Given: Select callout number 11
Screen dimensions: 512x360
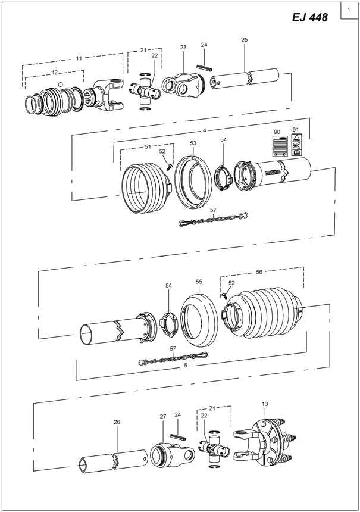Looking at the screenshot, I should tap(79, 58).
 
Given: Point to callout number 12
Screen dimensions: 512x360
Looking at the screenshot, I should tap(54, 72).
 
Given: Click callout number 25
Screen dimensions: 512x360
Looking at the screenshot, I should tap(245, 40).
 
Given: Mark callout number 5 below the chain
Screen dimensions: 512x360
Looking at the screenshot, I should tap(185, 366).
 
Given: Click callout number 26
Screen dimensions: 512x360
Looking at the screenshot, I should tap(117, 422).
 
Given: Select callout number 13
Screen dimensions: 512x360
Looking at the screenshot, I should tap(265, 404).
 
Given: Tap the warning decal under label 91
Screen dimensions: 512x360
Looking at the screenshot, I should tap(296, 146).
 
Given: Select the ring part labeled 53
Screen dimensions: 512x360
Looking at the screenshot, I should tap(192, 180).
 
